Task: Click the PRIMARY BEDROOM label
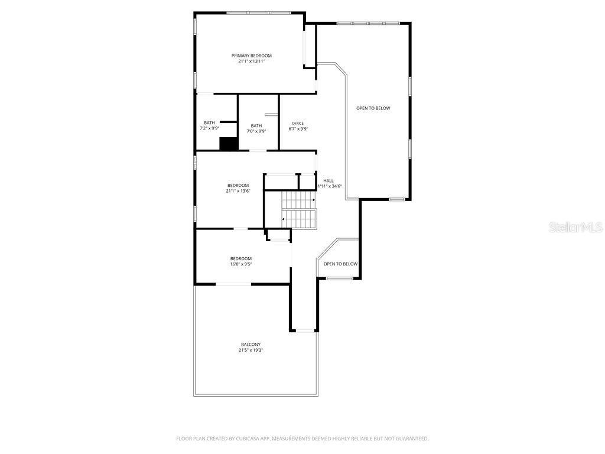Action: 251,56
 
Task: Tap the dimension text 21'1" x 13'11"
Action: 251,61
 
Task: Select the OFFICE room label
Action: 298,123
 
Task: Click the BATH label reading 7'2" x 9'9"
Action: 210,122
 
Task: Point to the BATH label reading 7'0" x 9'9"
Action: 256,125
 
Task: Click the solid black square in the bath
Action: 228,144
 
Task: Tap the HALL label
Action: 328,180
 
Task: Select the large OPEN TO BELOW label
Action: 373,108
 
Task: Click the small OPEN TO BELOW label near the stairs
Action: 340,264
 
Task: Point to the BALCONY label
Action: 251,344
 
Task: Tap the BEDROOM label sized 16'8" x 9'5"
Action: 241,258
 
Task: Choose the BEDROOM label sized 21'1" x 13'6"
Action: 238,185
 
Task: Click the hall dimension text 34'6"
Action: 335,186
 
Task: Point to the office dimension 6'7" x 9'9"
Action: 298,129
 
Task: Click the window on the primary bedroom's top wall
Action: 258,12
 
